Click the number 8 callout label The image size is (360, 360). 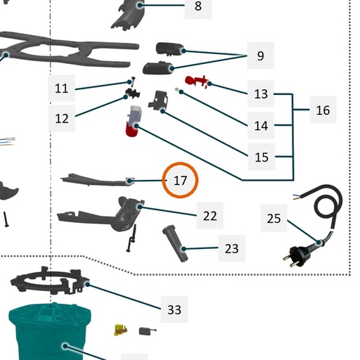(x=198, y=6)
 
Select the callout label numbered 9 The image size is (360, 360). (x=260, y=56)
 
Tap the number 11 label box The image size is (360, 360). (x=61, y=89)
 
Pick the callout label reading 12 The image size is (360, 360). (x=62, y=118)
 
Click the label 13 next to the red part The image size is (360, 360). (x=261, y=94)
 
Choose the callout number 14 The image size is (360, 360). (x=261, y=126)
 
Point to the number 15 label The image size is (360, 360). (x=262, y=157)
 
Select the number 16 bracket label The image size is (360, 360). (x=323, y=110)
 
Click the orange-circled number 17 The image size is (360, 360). (x=180, y=180)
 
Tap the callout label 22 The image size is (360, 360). (x=210, y=216)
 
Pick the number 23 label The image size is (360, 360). (x=231, y=248)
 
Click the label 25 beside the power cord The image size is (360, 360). (x=274, y=218)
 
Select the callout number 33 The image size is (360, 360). (x=174, y=309)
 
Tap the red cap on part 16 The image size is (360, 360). (x=132, y=130)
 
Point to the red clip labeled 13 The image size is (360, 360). (x=196, y=81)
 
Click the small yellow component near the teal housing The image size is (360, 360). (x=120, y=330)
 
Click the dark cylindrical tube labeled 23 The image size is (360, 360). (x=175, y=243)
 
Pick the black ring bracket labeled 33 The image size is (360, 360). (x=50, y=281)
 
